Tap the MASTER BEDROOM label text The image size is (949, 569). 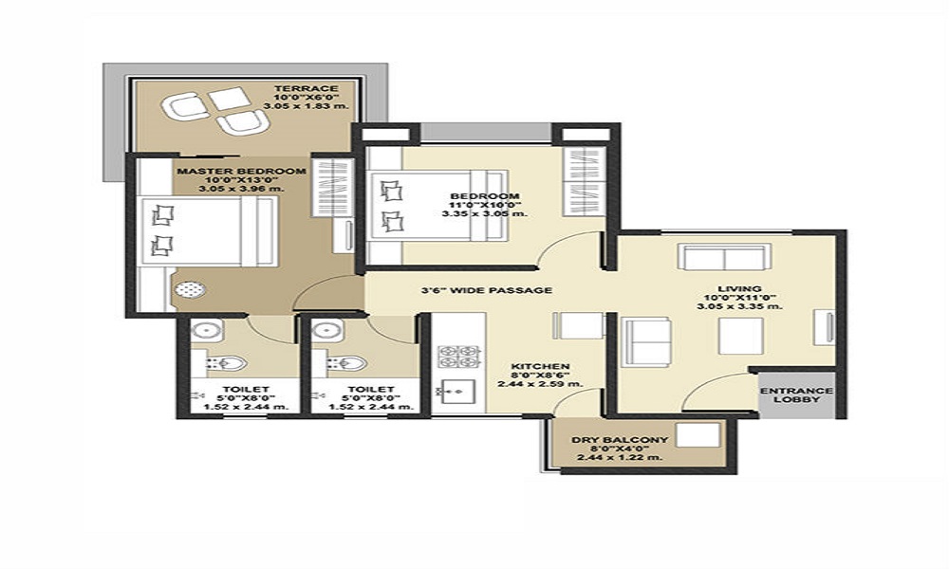tap(240, 171)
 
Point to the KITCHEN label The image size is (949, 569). tap(540, 365)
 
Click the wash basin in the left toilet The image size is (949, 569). tap(205, 331)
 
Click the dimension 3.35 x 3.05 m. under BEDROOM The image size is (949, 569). tap(484, 214)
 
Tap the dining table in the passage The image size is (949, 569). tap(580, 325)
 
